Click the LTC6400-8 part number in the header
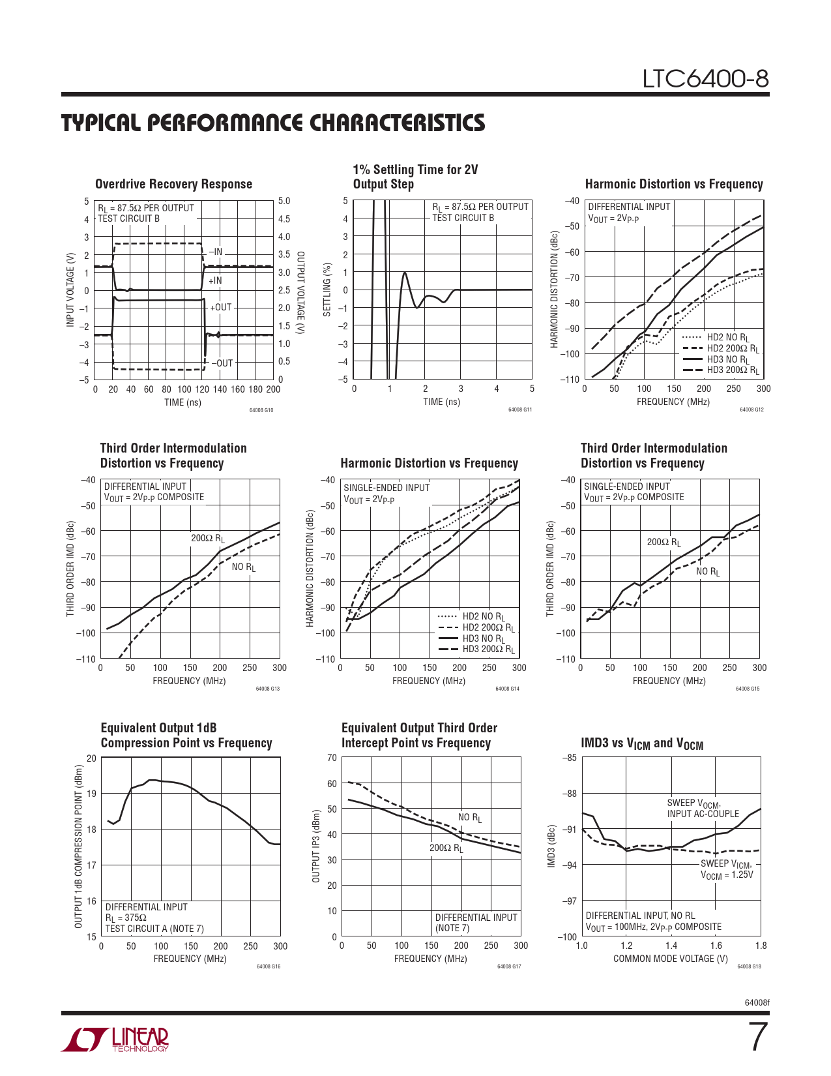705,79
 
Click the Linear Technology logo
115,1039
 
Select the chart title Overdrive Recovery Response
173,184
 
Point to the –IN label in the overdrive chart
215,252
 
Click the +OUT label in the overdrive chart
220,307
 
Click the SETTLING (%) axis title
327,290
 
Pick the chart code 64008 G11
520,410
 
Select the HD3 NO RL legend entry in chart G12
728,359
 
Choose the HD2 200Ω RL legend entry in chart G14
488,627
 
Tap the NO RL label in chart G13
244,567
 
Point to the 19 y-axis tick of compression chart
91,794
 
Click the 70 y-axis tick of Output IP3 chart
332,758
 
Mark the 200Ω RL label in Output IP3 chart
446,848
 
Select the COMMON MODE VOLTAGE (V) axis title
670,959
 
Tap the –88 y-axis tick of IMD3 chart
569,794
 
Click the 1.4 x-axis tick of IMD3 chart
671,946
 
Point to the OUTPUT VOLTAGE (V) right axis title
300,290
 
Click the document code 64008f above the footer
757,1002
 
